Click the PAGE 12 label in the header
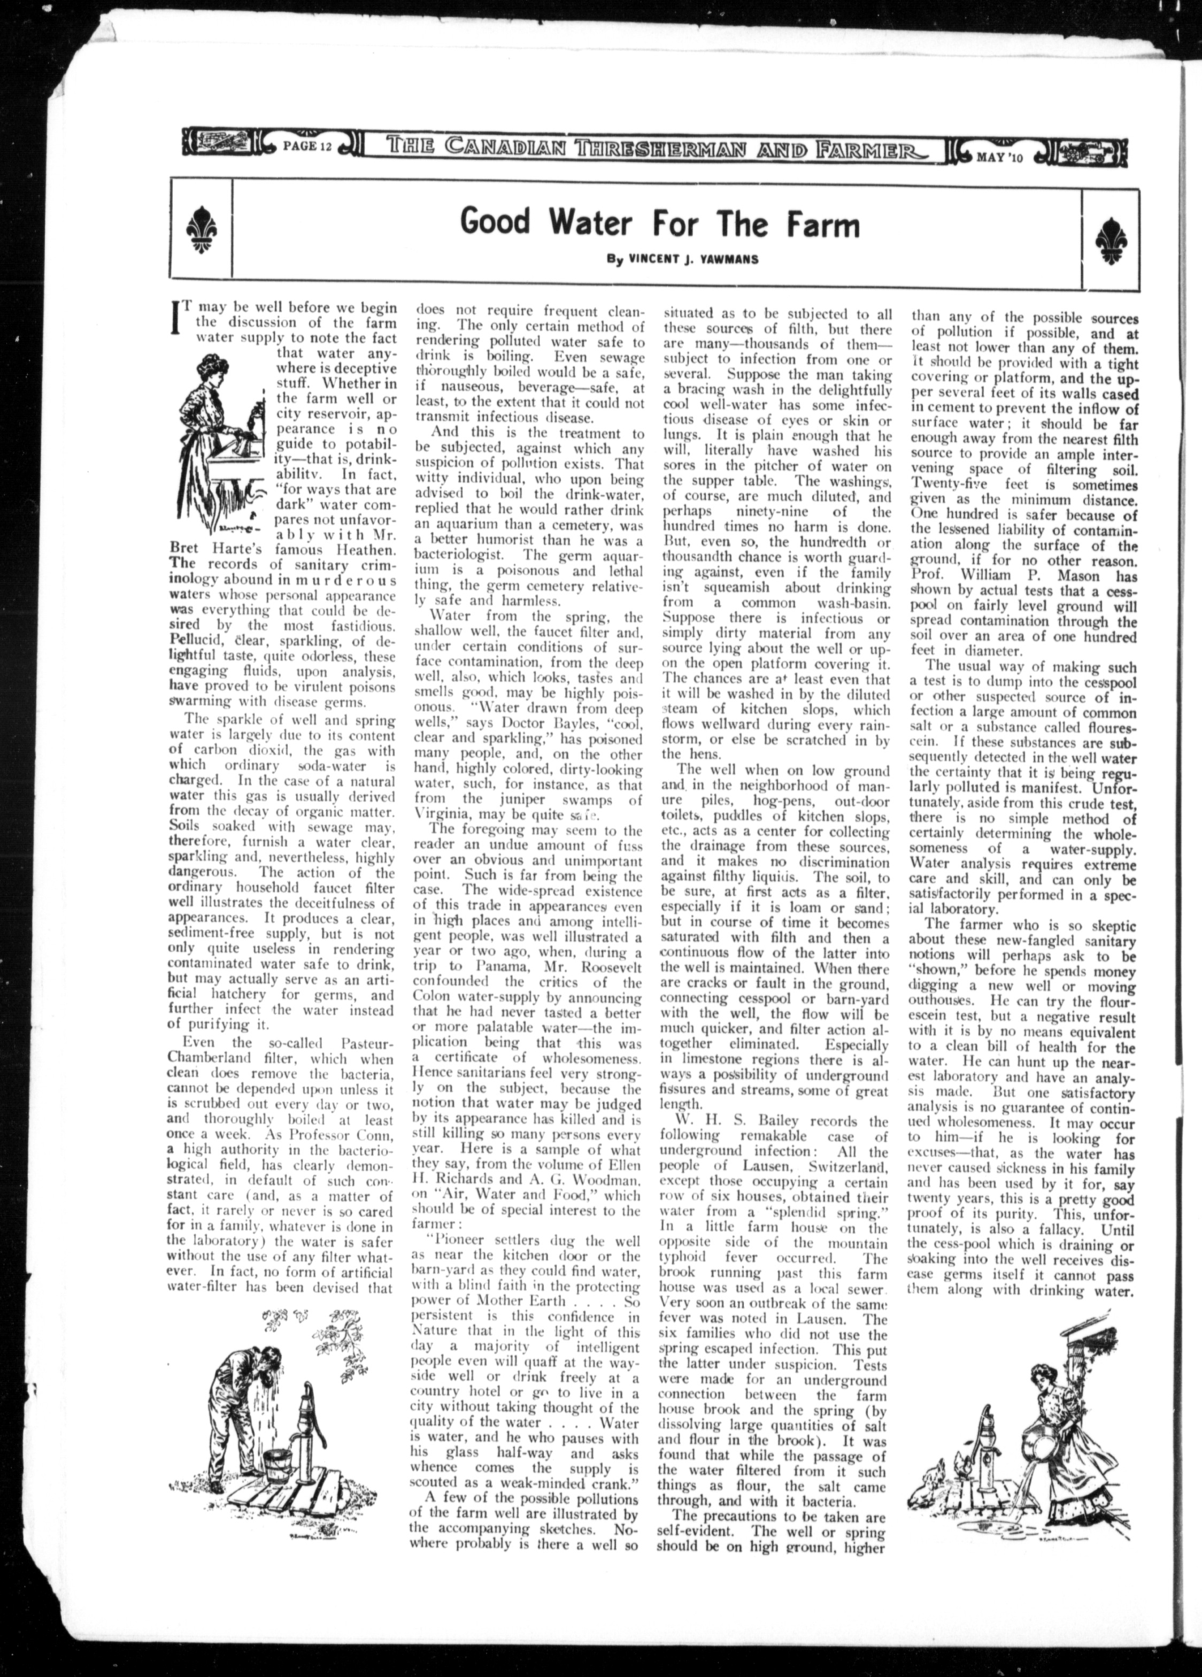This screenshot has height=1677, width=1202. (x=307, y=144)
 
